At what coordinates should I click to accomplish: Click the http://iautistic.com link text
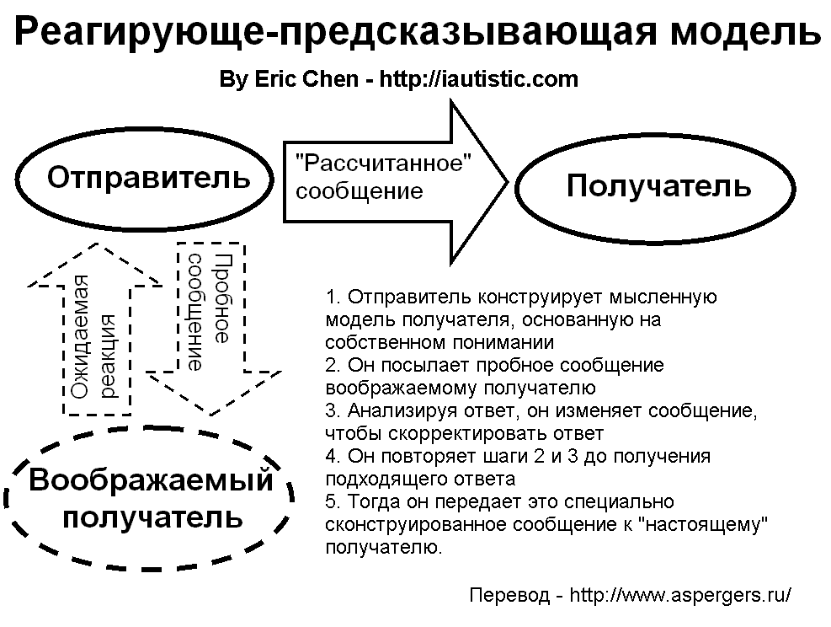point(478,79)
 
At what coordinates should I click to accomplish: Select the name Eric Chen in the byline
point(306,79)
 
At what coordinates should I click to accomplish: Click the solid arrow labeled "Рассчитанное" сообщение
point(395,182)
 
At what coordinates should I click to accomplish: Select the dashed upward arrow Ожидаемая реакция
point(95,329)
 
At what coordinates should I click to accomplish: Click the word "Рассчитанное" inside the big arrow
point(382,163)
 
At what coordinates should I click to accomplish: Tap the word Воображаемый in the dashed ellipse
point(151,480)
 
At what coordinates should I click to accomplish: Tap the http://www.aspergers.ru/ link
point(680,595)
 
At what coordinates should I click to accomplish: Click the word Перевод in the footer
point(509,596)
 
